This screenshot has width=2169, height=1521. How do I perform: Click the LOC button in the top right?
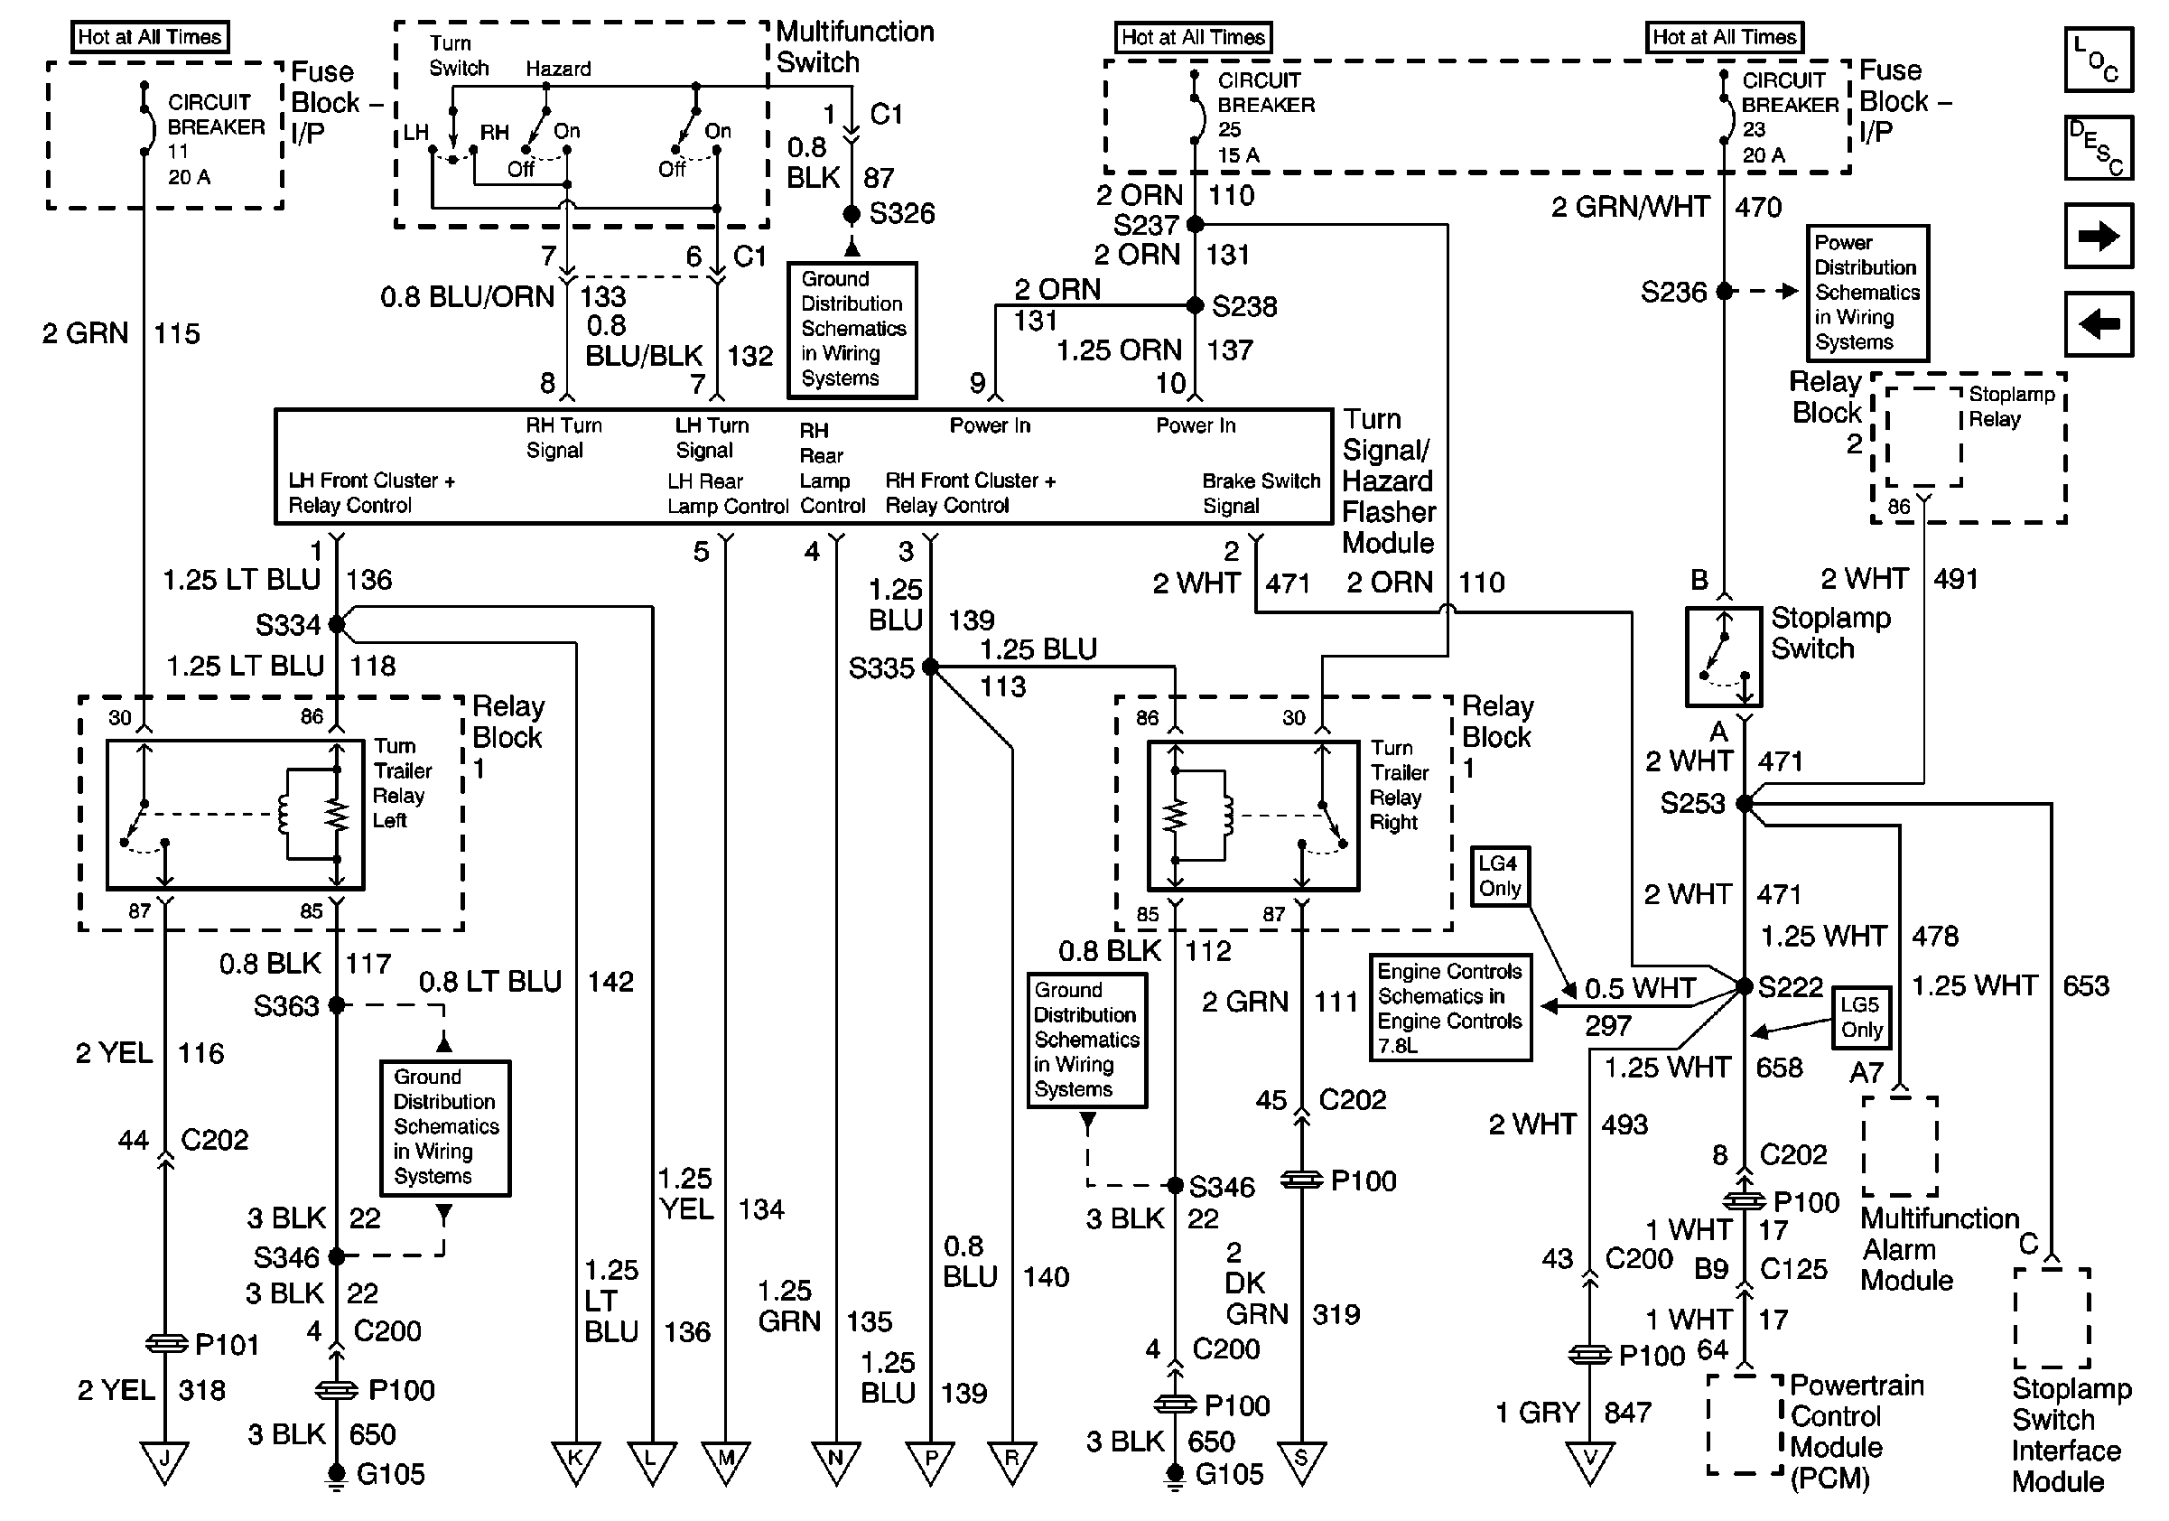2099,60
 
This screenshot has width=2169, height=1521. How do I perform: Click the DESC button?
2099,147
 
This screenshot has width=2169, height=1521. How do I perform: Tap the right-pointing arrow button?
2099,235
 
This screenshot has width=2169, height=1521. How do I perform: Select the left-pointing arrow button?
2099,324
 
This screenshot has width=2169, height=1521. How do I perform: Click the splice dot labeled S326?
852,214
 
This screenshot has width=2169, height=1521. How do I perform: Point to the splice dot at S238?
1194,305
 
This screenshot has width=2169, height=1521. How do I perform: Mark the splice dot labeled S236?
1724,291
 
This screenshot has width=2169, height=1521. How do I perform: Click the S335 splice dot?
930,667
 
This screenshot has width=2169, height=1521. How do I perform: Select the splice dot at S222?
1744,986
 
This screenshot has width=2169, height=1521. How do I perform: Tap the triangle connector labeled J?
164,1460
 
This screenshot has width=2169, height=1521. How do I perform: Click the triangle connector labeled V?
1590,1460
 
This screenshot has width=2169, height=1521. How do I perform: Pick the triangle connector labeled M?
725,1460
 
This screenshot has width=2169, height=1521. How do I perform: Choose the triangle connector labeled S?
1302,1460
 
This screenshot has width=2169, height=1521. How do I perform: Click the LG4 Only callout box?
1499,877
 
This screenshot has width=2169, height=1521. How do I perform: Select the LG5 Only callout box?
1861,1018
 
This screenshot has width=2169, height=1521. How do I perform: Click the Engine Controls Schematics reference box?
1450,1007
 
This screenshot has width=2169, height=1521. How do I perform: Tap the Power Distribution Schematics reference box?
1866,292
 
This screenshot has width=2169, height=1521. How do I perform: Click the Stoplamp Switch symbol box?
1724,658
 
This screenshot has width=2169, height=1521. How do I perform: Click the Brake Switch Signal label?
1261,493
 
